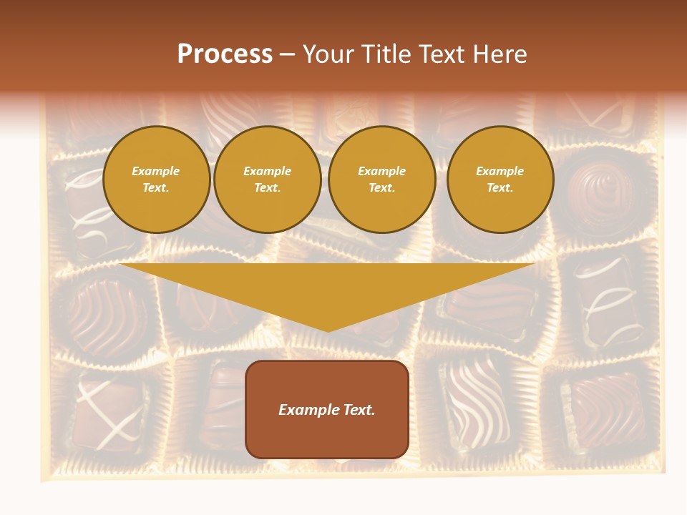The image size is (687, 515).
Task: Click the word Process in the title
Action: pos(225,54)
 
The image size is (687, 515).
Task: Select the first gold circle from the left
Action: pos(157,180)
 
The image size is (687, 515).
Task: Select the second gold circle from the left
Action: pos(268,180)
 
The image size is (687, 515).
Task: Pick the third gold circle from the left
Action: pos(382,180)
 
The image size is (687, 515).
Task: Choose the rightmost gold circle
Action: pos(500,180)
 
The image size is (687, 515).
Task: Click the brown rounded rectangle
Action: pos(327,409)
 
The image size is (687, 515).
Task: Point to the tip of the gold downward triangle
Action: pos(328,330)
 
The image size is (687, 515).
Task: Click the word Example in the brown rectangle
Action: pos(309,410)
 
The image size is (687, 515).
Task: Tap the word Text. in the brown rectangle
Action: pos(359,410)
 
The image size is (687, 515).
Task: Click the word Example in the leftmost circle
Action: pos(156,171)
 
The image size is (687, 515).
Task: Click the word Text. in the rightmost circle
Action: pos(500,188)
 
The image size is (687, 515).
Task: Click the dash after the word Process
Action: pos(287,54)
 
